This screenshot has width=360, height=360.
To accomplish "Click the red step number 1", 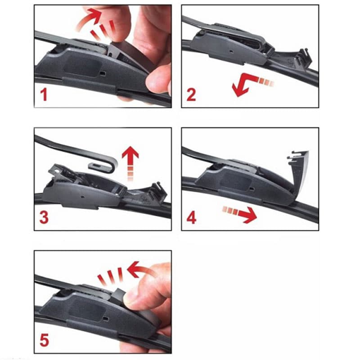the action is pos(44,95).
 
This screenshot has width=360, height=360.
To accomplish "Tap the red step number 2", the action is pos(191,95).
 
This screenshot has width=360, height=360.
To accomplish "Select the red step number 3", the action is pos(44,218).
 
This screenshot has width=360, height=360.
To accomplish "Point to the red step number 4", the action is pos(191,218).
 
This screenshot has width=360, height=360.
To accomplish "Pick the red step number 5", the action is pos(44,340).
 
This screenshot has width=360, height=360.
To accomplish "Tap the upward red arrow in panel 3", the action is pos(130,161).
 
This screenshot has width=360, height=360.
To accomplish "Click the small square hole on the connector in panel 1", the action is pos(103,73).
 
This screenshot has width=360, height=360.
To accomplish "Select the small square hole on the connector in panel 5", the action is pos(106,319).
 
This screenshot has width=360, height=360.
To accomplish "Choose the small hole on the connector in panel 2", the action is pos(231,51).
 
